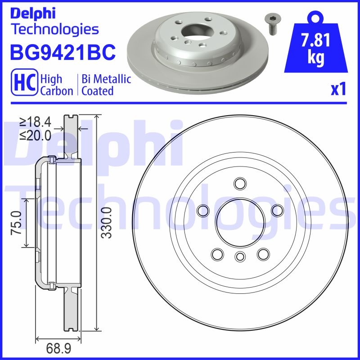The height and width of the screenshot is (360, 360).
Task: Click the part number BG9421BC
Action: (x=63, y=52)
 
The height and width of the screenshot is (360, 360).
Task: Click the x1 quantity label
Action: (x=338, y=90)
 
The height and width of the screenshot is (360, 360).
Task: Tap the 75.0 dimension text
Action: (x=16, y=222)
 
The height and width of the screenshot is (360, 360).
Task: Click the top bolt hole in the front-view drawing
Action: (x=239, y=184)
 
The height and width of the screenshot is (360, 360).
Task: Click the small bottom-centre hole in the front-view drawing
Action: (x=239, y=256)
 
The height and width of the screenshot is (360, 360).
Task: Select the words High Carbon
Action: (x=57, y=85)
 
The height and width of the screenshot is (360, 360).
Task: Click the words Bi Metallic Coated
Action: (x=106, y=85)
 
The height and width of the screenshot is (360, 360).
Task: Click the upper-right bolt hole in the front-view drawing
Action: (x=277, y=210)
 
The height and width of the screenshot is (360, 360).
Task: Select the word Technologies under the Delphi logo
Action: (x=54, y=30)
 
